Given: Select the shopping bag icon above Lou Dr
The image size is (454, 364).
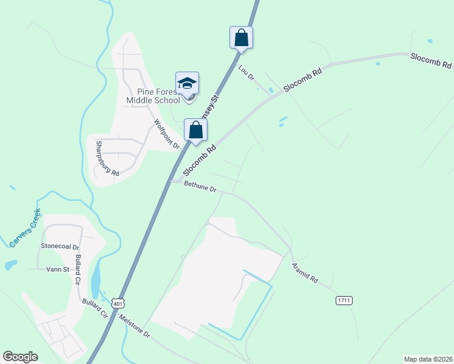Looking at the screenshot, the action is [x=241, y=38].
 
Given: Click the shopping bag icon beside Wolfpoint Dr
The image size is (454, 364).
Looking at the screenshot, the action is [x=195, y=129].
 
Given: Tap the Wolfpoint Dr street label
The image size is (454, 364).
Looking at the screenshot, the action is [x=167, y=133].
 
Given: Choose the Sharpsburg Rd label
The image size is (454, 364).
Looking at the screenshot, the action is [x=107, y=158].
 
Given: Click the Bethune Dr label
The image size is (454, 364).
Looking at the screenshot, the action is [x=200, y=187].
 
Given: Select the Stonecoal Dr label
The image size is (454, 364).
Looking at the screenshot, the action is [x=60, y=247].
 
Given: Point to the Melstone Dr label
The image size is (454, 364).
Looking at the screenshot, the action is [x=134, y=326].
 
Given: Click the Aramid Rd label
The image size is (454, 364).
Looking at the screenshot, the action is [x=304, y=273].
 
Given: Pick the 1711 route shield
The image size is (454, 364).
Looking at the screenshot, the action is [x=344, y=300].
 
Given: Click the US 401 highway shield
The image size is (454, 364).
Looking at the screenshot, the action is [x=118, y=303].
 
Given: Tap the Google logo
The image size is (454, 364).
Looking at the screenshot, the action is [x=20, y=357].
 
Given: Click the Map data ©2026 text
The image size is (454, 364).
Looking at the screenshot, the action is [x=427, y=359].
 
